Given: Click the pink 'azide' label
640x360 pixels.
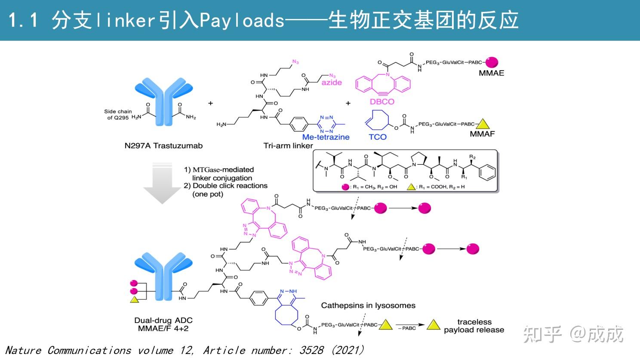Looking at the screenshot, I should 332,83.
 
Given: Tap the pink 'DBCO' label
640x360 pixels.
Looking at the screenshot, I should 382,102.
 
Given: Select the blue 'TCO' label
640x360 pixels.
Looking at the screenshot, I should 378,137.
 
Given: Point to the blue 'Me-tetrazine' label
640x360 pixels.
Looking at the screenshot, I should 326,137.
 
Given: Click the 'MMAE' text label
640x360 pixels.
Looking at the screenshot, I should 491,73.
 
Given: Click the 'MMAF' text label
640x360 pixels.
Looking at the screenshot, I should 482,134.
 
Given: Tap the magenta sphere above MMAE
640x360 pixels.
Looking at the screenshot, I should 492,62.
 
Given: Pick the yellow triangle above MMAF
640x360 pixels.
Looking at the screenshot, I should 483,124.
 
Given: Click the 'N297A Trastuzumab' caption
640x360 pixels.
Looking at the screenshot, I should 163,145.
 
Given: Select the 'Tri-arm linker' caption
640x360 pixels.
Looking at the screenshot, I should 288,145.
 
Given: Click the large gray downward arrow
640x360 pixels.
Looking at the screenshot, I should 162,183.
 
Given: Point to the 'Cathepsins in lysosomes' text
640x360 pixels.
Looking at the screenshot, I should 368,305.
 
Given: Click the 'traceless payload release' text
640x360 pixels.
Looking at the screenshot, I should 474,326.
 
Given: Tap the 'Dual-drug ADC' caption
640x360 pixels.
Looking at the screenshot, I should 163,320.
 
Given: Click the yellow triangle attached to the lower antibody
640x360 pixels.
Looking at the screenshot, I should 134,300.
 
